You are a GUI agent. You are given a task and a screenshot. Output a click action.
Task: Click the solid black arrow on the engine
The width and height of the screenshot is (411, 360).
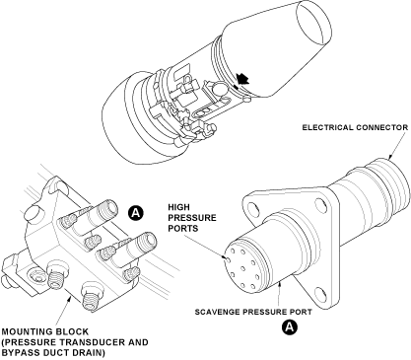(x=242, y=79)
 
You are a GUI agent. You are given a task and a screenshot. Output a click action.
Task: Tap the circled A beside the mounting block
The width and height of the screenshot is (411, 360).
(x=136, y=213)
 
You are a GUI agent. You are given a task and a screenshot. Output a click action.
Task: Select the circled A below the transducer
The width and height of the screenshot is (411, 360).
(x=290, y=327)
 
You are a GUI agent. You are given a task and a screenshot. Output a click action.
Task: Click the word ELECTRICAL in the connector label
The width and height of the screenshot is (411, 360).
(x=326, y=127)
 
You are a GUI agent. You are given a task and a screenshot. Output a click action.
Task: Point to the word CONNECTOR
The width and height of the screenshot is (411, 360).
(x=381, y=127)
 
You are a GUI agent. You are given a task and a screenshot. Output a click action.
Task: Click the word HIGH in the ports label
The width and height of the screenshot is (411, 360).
(x=178, y=207)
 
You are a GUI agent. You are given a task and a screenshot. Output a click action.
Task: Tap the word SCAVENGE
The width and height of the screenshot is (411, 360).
(x=217, y=312)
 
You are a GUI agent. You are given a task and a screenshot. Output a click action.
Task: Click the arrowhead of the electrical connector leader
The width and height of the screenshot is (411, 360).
(x=389, y=157)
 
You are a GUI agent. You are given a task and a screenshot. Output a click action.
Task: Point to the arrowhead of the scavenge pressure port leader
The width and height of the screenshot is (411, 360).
(x=279, y=284)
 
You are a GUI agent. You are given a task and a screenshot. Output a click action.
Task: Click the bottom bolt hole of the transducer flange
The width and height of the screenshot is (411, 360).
(x=319, y=293)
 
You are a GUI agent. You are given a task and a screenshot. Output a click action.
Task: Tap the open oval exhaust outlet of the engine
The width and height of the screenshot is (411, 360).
(x=313, y=23)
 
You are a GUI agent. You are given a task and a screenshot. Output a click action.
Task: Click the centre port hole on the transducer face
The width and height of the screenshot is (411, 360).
(x=242, y=268)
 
